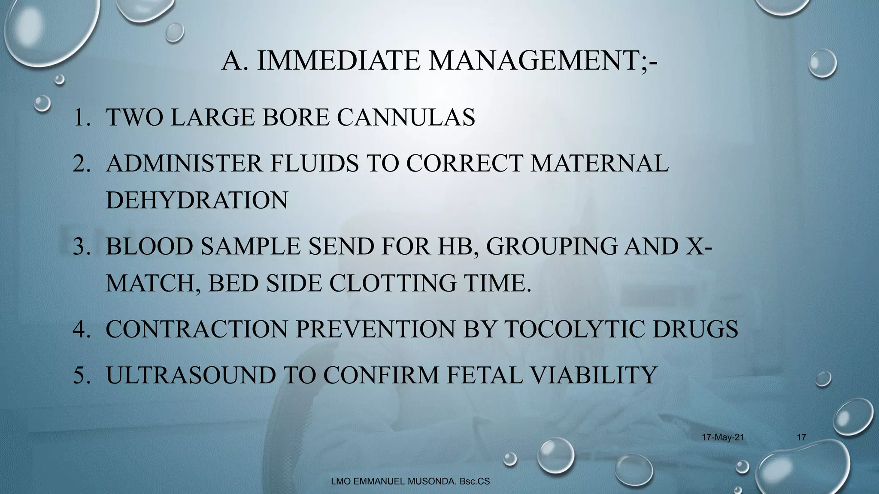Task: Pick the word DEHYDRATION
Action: (x=197, y=200)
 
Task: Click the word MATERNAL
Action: (x=599, y=163)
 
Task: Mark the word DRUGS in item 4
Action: (x=703, y=329)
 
